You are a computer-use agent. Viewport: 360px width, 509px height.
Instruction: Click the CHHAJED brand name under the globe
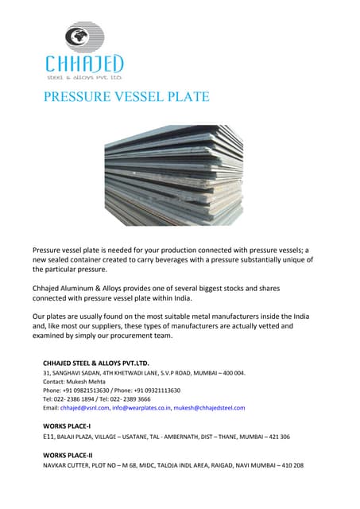(84, 63)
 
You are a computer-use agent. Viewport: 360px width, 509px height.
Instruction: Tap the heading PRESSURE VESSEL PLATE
(126, 98)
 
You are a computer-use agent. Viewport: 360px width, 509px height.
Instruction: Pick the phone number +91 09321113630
(157, 390)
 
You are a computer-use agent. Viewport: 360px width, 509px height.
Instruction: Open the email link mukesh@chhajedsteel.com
(210, 407)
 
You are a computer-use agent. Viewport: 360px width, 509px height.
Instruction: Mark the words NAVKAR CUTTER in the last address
(70, 464)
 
